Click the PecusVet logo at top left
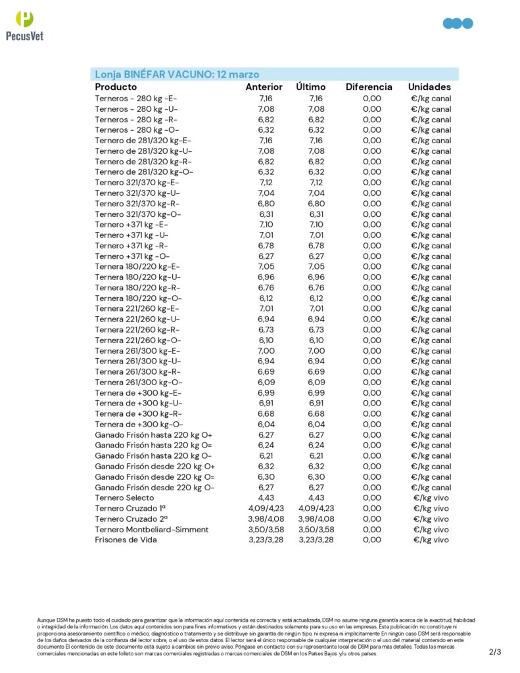[x=24, y=26]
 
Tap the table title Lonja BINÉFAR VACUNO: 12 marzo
[x=177, y=74]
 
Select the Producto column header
[x=116, y=87]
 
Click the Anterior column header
[x=264, y=87]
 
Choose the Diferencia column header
[x=369, y=87]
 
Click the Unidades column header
[x=429, y=87]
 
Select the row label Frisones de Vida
[x=126, y=540]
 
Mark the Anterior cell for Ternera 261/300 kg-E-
[x=266, y=351]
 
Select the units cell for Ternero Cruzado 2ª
[x=431, y=519]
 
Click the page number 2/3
[x=495, y=652]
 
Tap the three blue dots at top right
[x=458, y=24]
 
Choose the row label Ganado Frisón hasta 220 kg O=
[x=154, y=446]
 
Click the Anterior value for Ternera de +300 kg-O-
[x=266, y=425]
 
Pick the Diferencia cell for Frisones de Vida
[x=371, y=540]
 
